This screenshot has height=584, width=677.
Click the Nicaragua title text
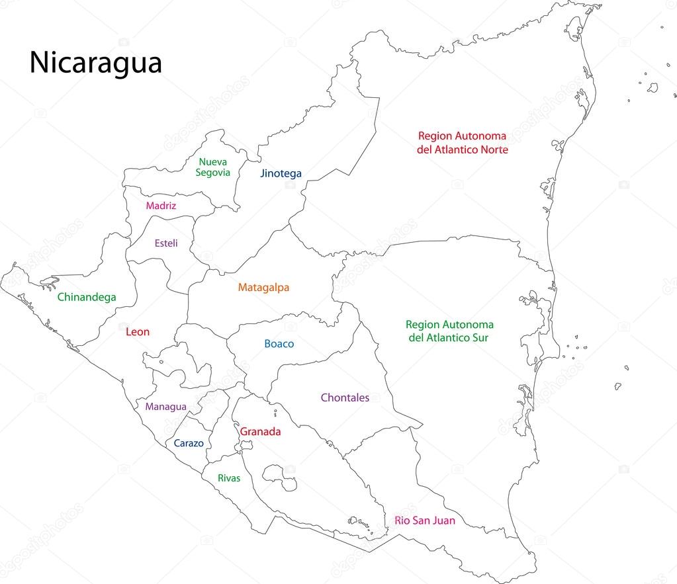95,63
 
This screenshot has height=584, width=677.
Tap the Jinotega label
281,174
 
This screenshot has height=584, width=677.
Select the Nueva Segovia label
213,167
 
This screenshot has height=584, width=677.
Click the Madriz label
161,206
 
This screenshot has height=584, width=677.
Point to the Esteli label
166,243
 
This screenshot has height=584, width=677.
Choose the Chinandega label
86,298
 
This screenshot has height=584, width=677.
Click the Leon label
138,332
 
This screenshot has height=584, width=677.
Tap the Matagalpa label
263,288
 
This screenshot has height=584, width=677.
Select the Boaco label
279,344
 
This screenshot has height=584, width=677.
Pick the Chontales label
345,398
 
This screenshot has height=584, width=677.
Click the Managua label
165,407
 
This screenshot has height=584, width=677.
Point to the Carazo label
189,444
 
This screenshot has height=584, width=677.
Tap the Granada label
260,432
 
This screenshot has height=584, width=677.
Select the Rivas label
229,478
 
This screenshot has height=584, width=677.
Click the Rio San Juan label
424,521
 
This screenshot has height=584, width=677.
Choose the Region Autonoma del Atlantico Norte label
462,143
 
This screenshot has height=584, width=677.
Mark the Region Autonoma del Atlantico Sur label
449,331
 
